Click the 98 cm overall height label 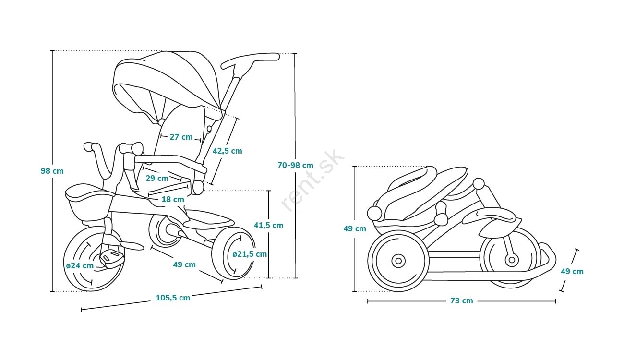[x=52, y=171]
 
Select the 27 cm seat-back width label [x=181, y=137]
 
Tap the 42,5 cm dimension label [x=227, y=151]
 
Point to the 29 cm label [x=156, y=178]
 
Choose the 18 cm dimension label [x=172, y=199]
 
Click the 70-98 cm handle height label [x=295, y=165]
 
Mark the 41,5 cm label [x=268, y=225]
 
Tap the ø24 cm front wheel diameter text [x=80, y=265]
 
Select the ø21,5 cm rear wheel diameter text [x=250, y=254]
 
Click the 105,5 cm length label [x=173, y=298]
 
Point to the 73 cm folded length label [x=461, y=301]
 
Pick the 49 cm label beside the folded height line [x=355, y=229]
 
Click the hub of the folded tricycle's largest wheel [x=398, y=261]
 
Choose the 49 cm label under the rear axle [x=184, y=264]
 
